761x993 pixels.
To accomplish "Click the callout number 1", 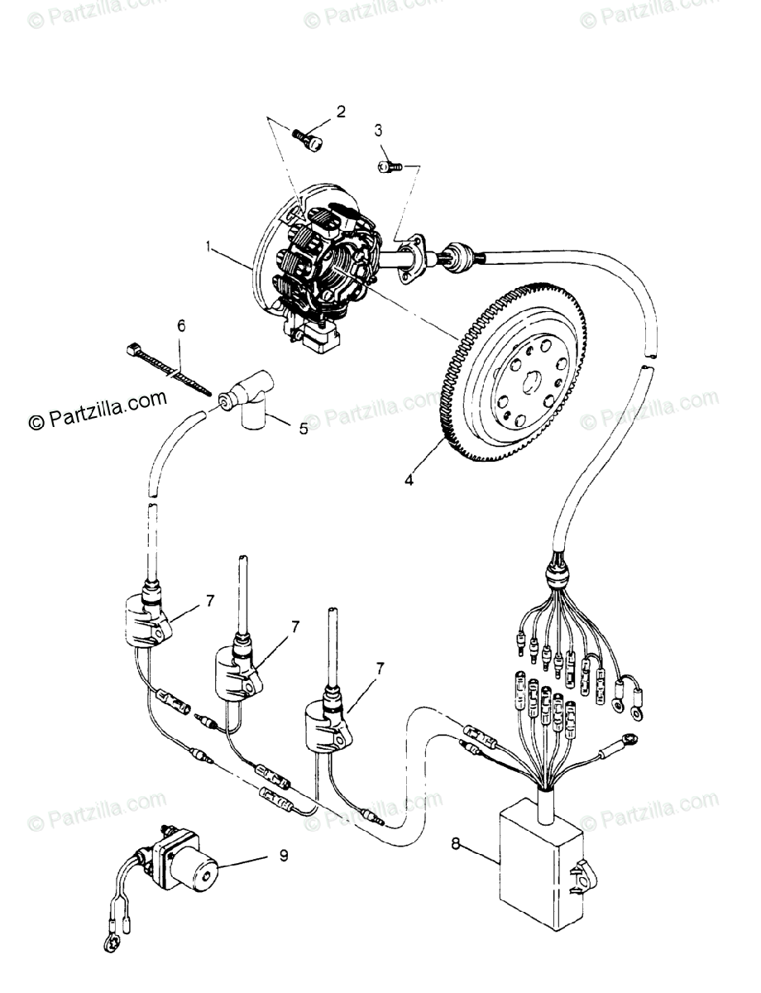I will [x=210, y=247].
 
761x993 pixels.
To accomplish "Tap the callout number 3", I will [x=378, y=130].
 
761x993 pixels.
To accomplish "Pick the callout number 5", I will [x=303, y=429].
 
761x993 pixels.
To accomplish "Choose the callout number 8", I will [x=456, y=845].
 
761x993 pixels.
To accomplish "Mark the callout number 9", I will [x=284, y=856].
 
